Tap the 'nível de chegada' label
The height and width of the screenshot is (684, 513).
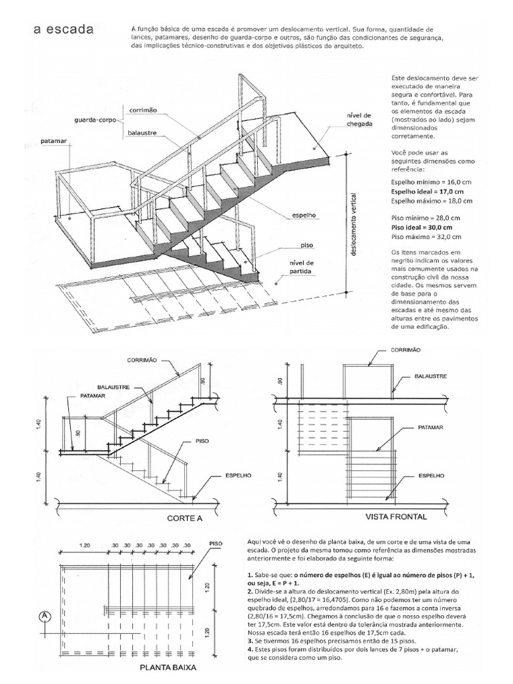358,120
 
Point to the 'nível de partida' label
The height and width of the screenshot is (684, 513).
301,267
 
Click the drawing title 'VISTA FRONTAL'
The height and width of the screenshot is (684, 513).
396,516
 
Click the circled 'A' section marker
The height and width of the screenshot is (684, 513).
45,615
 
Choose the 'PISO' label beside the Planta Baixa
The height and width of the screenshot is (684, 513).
216,543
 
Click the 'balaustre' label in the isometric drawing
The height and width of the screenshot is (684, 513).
142,133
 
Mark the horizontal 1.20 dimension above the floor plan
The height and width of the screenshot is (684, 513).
83,545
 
